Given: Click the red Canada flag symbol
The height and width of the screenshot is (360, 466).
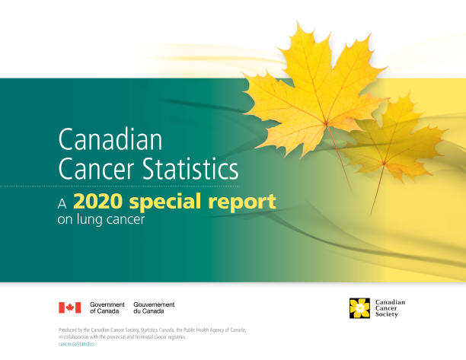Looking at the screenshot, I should (70, 307).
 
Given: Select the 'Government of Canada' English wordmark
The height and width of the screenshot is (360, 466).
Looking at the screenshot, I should (107, 307).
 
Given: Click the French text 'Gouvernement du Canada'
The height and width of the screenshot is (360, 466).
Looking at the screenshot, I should (154, 307).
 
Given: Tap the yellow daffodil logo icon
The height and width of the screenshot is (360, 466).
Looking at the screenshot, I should (359, 307).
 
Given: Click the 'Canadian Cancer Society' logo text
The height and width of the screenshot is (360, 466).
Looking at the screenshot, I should (389, 307).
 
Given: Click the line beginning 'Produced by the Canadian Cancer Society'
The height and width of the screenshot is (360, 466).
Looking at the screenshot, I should (152, 330).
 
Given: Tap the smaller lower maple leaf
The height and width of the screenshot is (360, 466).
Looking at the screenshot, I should (392, 141).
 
